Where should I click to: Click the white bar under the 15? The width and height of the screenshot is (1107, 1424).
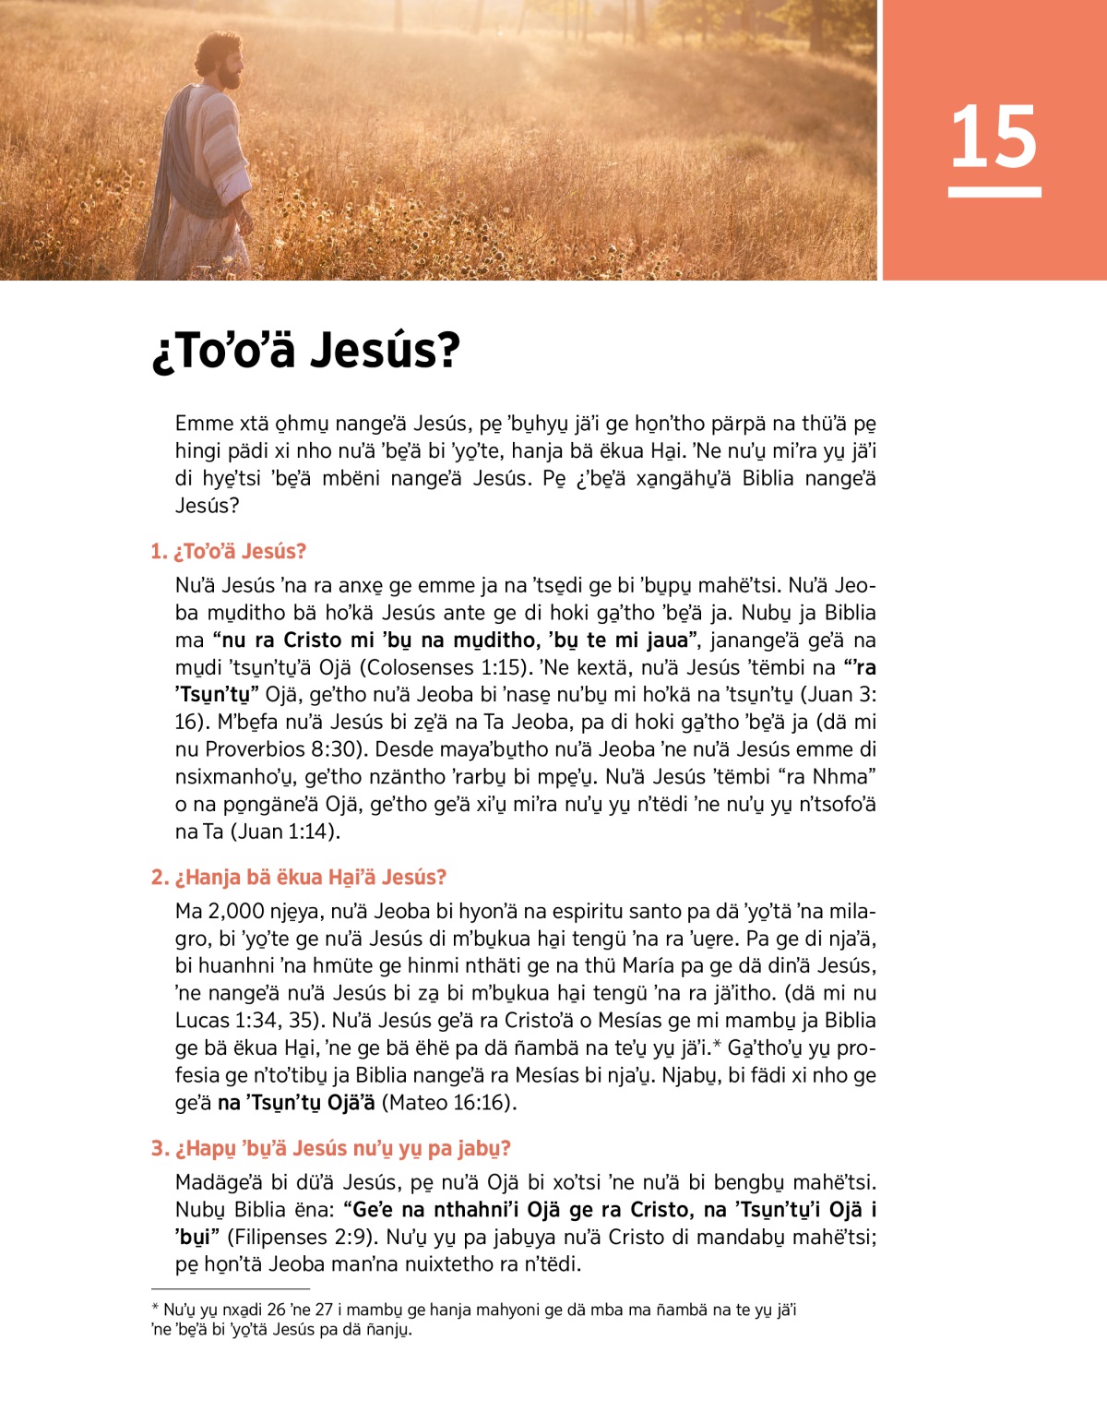(994, 192)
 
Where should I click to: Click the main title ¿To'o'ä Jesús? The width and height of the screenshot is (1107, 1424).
(305, 351)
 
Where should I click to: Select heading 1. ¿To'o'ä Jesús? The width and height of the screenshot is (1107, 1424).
(228, 551)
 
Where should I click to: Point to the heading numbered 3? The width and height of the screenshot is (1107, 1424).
(330, 1148)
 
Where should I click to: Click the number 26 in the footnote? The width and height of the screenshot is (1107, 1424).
(276, 1310)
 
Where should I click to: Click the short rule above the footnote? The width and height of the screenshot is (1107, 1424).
(230, 1288)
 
